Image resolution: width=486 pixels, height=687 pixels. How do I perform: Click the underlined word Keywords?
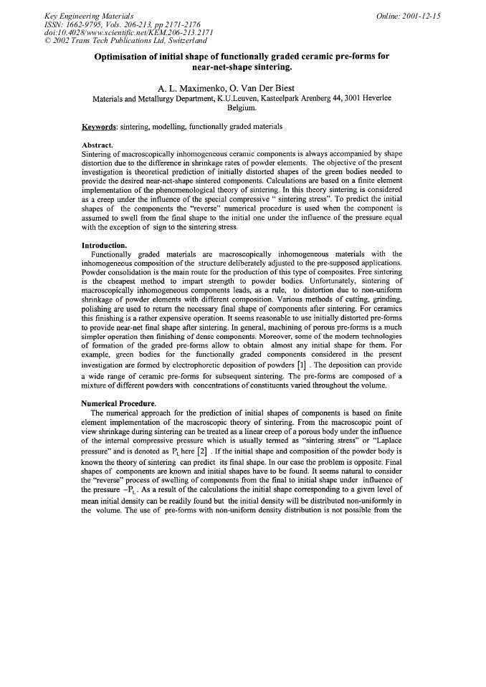click(100, 127)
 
